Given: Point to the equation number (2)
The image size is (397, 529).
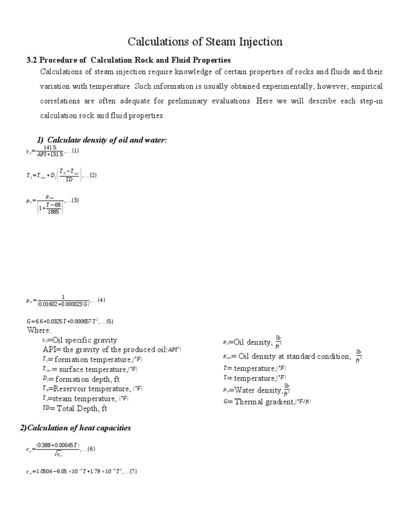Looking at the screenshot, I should click(91, 175).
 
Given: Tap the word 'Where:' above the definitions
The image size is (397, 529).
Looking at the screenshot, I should click(39, 331).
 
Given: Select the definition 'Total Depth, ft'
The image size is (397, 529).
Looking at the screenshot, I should click(83, 408).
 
